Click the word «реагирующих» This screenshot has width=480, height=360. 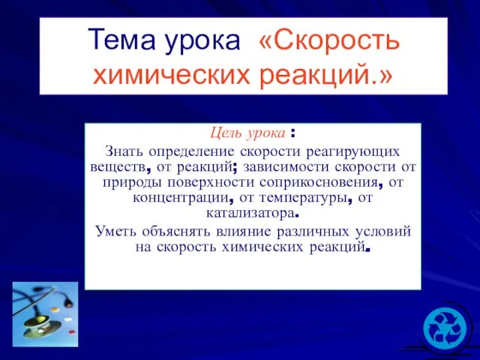click(353, 152)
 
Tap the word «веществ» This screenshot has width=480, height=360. click(118, 167)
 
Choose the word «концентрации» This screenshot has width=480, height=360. click(181, 198)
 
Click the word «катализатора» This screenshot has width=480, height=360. click(250, 213)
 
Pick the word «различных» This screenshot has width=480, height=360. click(313, 232)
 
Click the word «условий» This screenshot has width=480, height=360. click(383, 232)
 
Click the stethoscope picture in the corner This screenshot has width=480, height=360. click(45, 314)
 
